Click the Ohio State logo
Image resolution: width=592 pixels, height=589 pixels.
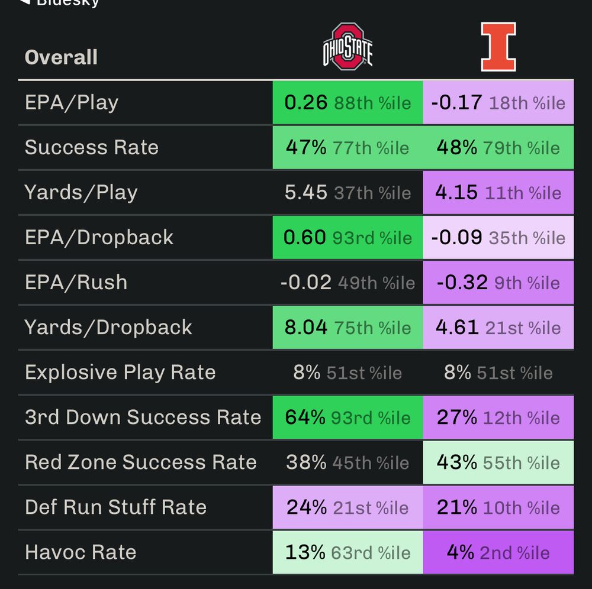coord(348,47)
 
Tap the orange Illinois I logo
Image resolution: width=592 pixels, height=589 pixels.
coord(498,47)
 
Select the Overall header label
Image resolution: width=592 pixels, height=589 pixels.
coord(61,57)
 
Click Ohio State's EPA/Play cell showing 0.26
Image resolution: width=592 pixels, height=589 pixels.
coord(348,102)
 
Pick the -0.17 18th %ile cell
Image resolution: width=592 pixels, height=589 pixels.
coord(498,102)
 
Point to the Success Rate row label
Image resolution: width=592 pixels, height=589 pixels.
coord(91,147)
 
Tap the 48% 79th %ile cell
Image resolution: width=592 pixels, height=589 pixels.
coord(498,147)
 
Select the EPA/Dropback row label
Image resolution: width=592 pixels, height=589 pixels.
coord(99,237)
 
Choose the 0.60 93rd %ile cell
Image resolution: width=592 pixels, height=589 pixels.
coord(348,237)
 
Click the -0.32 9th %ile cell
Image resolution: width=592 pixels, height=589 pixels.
coord(498,282)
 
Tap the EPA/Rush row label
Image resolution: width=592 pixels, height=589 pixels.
coord(76,282)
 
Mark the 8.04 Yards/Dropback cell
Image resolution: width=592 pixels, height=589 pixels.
coord(348,327)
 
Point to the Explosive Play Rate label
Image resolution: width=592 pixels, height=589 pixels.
coord(120,372)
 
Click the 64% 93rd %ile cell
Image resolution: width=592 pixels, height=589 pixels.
coord(348,417)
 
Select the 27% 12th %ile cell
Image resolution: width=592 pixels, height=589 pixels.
coord(498,417)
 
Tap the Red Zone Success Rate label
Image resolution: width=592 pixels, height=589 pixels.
coord(141,462)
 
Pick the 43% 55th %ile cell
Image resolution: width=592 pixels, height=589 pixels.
coord(498,462)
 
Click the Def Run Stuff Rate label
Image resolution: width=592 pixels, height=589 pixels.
coord(115,507)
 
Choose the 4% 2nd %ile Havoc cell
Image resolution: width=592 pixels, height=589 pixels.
coord(498,552)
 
